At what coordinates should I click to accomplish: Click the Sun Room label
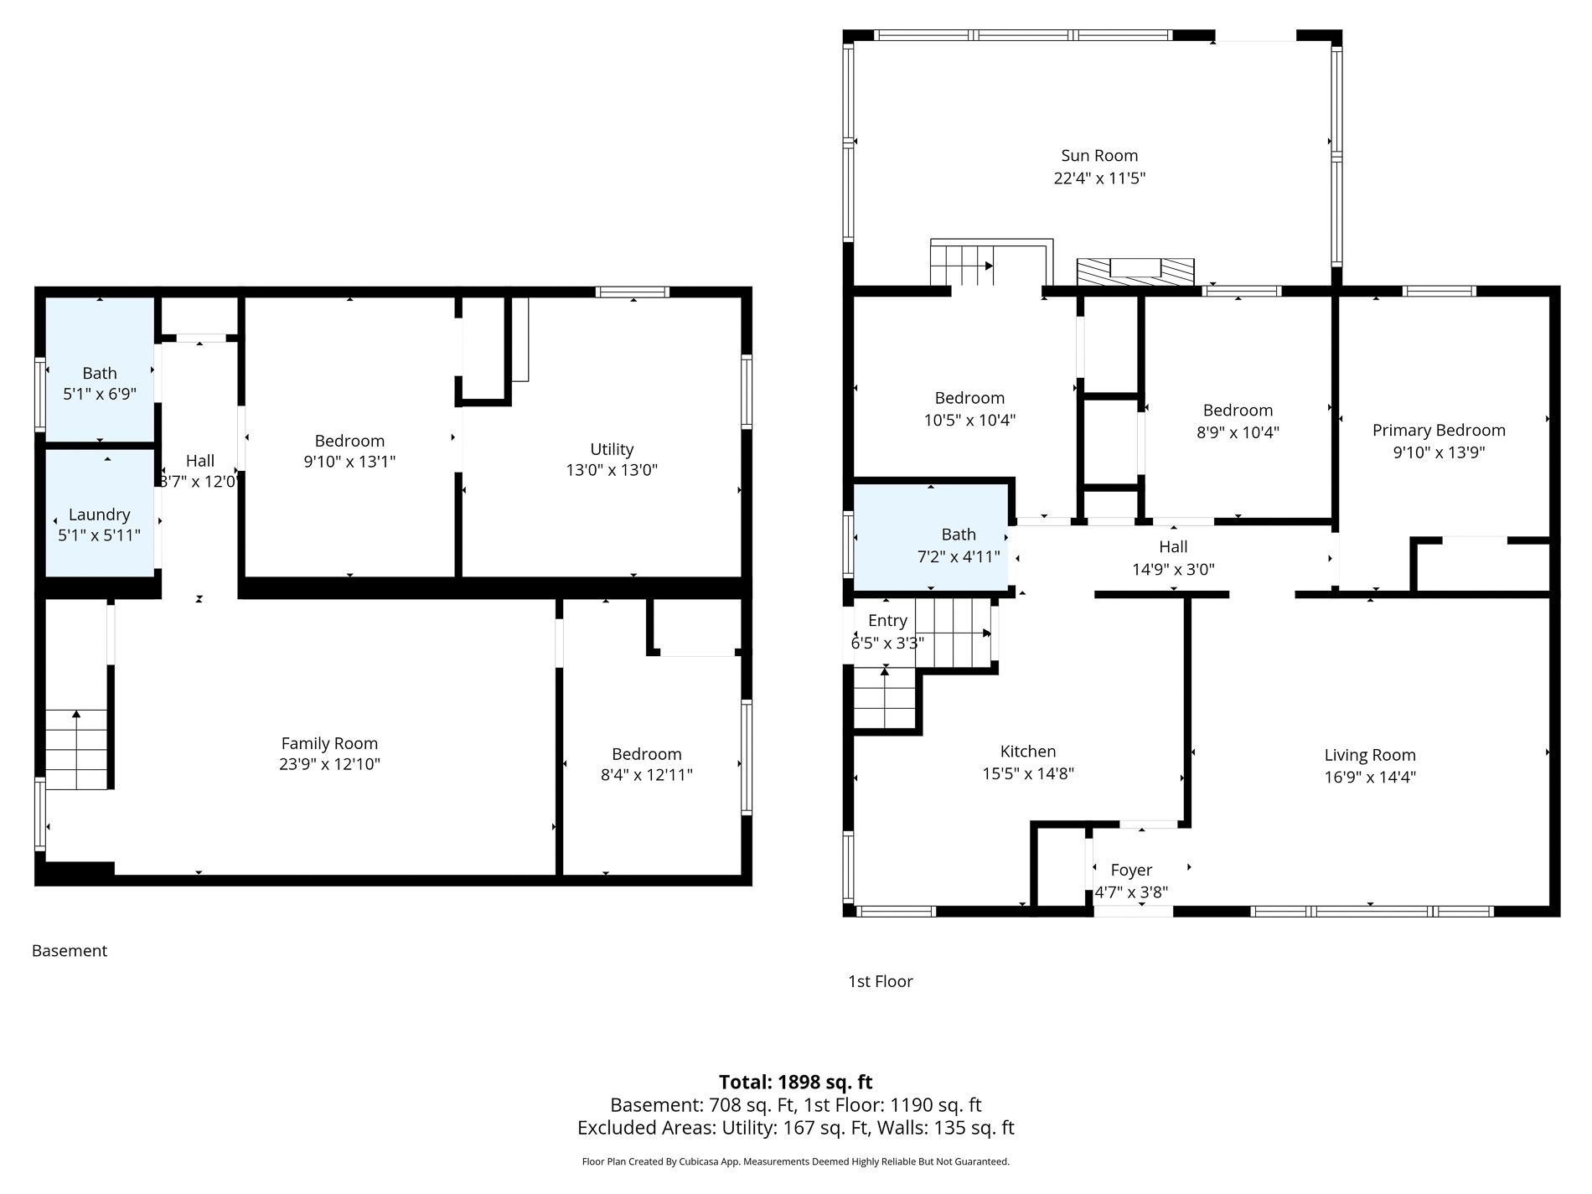click(1099, 156)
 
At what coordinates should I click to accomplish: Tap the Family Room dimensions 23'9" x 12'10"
click(329, 764)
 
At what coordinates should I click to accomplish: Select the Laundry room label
click(99, 514)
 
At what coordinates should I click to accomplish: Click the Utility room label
click(612, 449)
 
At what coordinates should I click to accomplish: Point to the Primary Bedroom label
click(1439, 431)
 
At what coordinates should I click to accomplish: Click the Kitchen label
click(1028, 752)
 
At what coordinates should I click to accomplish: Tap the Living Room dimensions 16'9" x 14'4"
click(1370, 777)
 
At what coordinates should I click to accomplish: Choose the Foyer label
click(1131, 871)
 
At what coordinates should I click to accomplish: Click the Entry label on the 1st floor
click(887, 621)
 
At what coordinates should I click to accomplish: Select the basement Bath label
click(100, 374)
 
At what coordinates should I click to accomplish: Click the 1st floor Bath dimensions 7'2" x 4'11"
click(959, 556)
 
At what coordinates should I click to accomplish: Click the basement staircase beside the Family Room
click(76, 749)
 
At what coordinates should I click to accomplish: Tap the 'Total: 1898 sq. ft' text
click(796, 1082)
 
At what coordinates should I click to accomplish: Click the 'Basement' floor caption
click(70, 951)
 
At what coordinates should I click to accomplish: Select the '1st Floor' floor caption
click(881, 981)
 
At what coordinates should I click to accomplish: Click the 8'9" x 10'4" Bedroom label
click(1238, 411)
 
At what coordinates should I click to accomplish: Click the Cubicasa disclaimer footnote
click(796, 1161)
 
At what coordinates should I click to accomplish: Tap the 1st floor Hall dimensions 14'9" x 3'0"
click(1173, 570)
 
